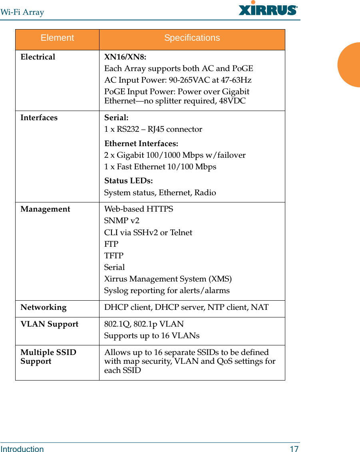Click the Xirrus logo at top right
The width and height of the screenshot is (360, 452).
[268, 9]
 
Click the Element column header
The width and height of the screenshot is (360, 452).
[57, 38]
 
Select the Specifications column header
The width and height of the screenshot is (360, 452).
[192, 38]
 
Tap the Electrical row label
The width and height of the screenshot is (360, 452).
[38, 57]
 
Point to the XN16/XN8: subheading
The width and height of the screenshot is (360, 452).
[125, 57]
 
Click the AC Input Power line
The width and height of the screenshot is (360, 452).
[178, 80]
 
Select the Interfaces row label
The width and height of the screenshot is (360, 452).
[39, 118]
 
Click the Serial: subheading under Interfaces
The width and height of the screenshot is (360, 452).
[116, 118]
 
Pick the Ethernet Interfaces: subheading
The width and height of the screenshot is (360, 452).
[141, 143]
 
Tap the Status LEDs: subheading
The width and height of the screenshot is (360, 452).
[128, 181]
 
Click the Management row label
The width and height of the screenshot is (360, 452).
[45, 209]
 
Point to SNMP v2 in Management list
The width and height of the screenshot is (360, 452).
[122, 221]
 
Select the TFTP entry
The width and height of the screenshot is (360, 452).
[114, 256]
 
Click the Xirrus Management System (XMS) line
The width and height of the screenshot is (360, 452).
[168, 279]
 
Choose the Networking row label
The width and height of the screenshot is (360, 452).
[44, 307]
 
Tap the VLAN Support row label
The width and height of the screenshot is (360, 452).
[50, 324]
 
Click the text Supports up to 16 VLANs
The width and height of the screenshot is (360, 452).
[152, 336]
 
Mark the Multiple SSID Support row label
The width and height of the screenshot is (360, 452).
[48, 357]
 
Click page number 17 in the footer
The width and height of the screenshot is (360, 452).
[294, 449]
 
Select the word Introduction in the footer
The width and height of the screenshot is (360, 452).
[22, 449]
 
